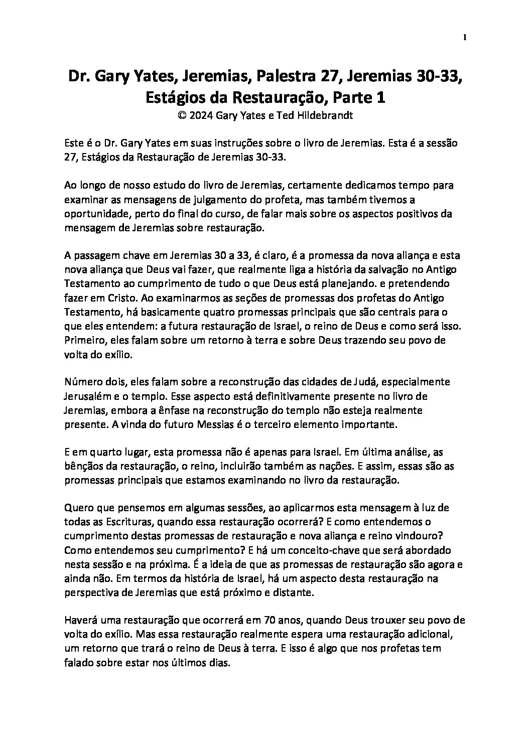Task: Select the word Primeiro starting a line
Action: click(x=84, y=340)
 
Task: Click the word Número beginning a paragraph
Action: click(x=83, y=381)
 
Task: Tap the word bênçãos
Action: click(x=83, y=466)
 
